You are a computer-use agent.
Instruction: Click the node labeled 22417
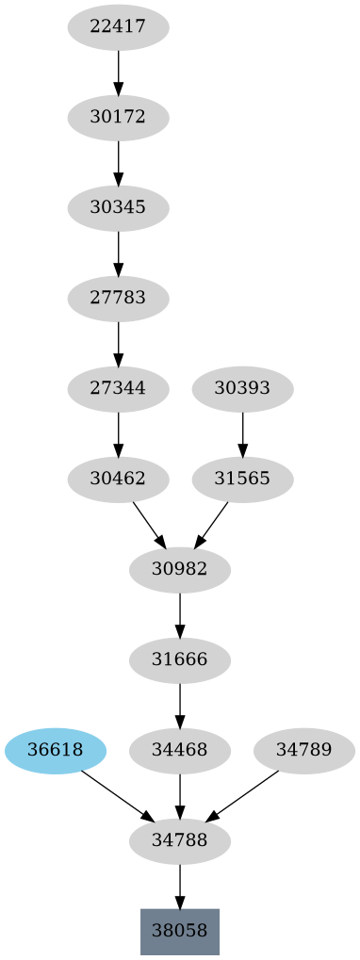tap(118, 27)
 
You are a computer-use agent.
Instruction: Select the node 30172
tap(118, 118)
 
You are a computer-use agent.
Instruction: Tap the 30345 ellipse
tap(118, 208)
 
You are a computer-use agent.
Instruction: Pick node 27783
tap(118, 299)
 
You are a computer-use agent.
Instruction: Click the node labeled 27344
tap(118, 388)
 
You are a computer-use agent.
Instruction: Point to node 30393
tap(242, 388)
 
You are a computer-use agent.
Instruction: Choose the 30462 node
tap(118, 479)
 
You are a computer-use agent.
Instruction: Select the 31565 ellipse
tap(242, 479)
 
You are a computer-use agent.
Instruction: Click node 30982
tap(179, 569)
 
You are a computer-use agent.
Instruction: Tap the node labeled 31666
tap(179, 659)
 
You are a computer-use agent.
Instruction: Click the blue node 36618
tap(56, 750)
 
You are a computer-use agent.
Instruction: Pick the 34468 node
tap(179, 750)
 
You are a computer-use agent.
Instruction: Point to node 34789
tap(304, 750)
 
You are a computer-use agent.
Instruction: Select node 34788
tap(179, 840)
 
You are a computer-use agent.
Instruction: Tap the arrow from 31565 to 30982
tap(211, 524)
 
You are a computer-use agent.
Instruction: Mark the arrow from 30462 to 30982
tap(149, 524)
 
